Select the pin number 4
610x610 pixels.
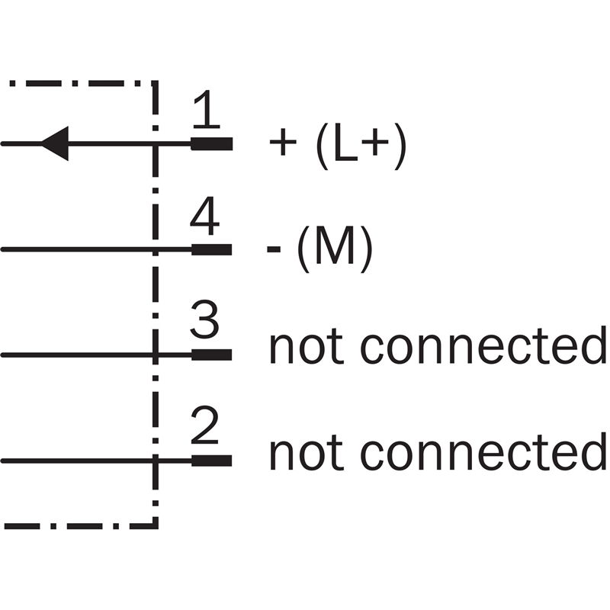tap(204, 218)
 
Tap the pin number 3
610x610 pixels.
tap(204, 323)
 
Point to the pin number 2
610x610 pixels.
tap(204, 429)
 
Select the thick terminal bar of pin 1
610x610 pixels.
tap(211, 143)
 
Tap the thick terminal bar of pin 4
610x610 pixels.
tap(211, 249)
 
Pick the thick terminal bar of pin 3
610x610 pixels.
tap(211, 355)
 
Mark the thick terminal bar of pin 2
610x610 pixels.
tap(211, 461)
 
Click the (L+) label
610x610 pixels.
tap(361, 145)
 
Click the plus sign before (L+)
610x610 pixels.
tap(283, 145)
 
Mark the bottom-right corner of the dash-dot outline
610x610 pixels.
tap(156, 525)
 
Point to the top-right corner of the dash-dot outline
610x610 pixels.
tap(156, 82)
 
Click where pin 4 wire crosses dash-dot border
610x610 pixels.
tap(156, 249)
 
